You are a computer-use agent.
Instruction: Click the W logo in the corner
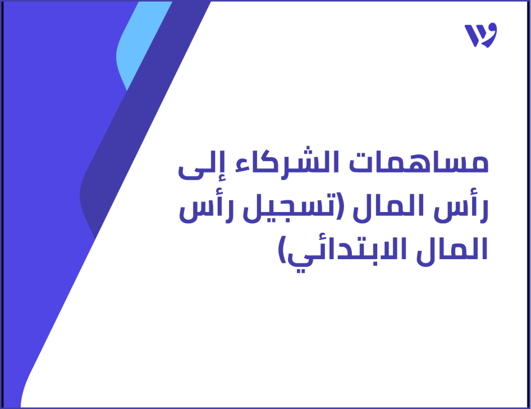tap(480, 35)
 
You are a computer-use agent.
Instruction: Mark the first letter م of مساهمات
tap(478, 164)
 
